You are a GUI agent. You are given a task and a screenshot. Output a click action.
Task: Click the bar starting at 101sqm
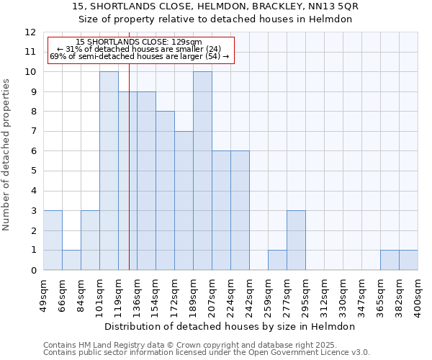[x=109, y=171]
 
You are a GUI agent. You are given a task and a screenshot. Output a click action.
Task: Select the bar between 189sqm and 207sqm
[x=202, y=171]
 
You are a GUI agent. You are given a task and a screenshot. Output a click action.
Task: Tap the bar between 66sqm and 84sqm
[x=71, y=260]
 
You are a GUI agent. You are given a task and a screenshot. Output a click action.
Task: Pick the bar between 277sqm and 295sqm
[x=296, y=240]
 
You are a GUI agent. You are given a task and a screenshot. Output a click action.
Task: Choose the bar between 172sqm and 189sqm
[x=184, y=201]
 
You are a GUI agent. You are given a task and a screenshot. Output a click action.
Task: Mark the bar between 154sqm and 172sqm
[x=165, y=191]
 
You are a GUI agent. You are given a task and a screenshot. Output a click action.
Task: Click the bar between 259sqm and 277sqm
[x=277, y=260]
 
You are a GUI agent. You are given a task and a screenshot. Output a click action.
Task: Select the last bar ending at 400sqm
[x=408, y=260]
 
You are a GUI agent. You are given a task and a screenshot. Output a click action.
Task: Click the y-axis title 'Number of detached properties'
[x=7, y=154]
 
